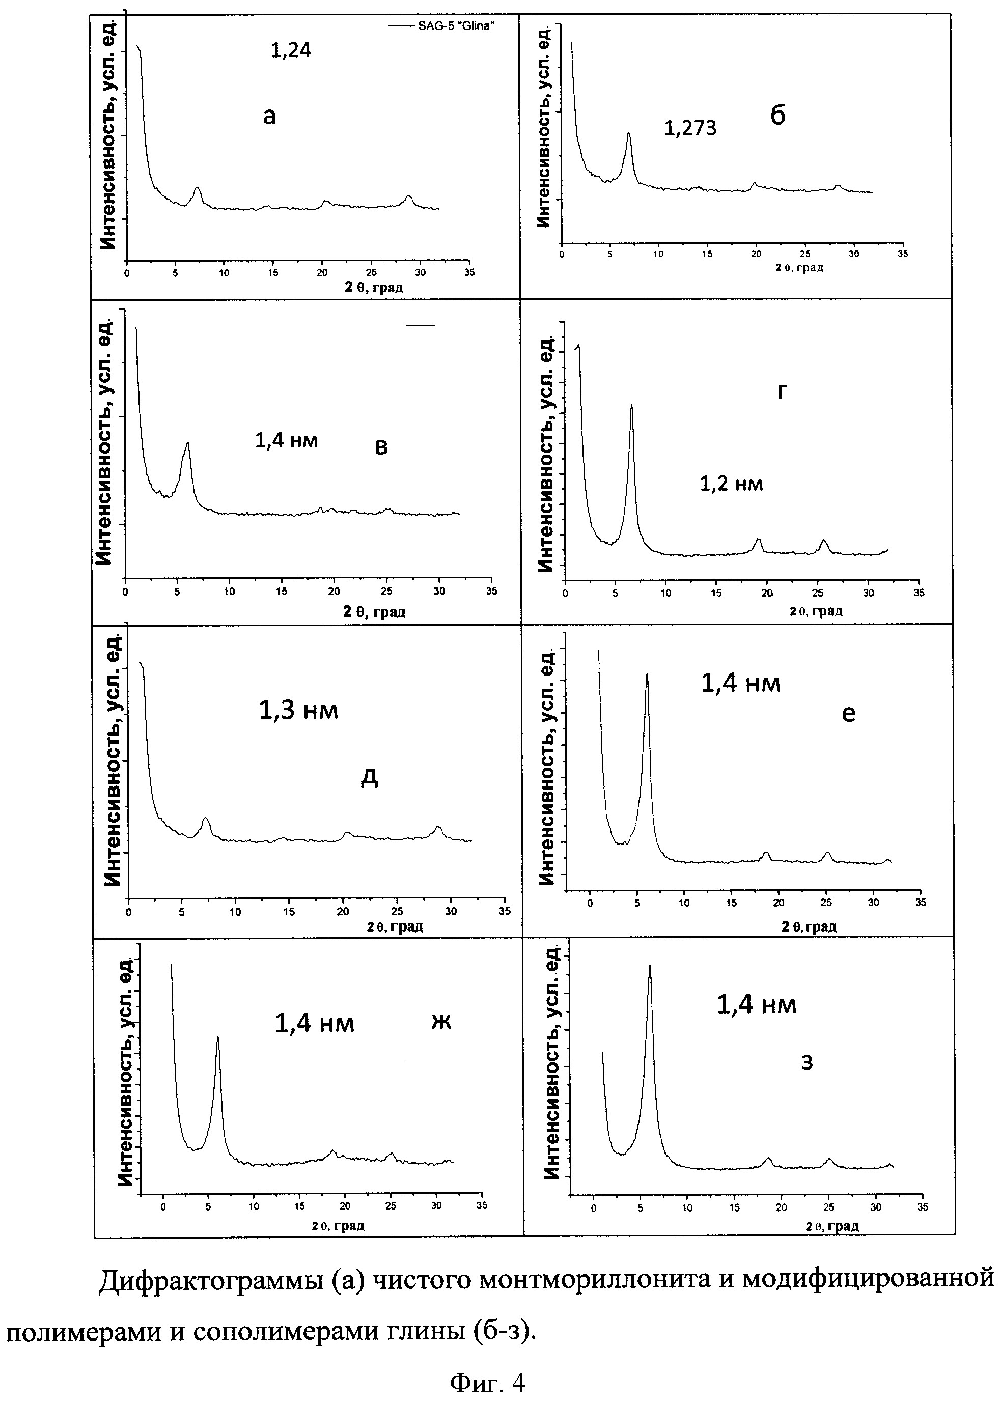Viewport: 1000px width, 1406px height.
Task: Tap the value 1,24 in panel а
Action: (x=291, y=50)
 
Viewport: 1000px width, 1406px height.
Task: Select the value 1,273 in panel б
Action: (x=690, y=128)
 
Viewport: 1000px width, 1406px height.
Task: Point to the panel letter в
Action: (x=381, y=447)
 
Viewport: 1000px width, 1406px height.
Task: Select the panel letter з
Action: (x=807, y=1062)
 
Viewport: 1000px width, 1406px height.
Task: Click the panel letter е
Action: (x=848, y=714)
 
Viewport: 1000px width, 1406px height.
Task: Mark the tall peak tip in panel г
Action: (x=631, y=406)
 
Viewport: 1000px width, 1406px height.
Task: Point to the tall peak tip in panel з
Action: (x=649, y=967)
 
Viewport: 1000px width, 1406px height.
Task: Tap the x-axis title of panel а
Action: (x=373, y=288)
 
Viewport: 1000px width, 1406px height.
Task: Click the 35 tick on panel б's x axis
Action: (x=902, y=254)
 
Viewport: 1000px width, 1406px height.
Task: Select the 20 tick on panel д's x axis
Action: (x=343, y=912)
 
